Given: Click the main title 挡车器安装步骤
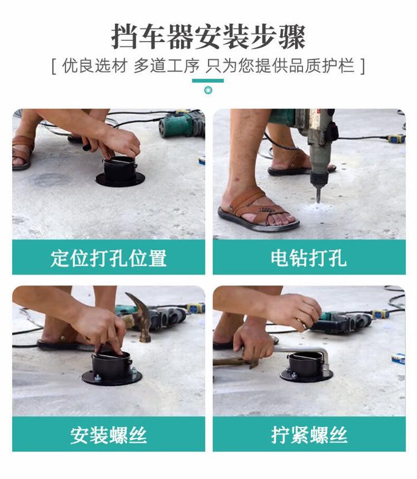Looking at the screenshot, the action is click(x=209, y=37).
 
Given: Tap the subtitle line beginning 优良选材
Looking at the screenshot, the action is click(x=209, y=65).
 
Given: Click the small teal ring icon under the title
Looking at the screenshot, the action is click(x=209, y=90).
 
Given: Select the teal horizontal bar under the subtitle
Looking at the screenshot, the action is click(x=208, y=80).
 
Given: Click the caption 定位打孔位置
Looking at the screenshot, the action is click(x=108, y=258).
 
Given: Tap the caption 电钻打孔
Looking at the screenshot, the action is click(x=309, y=258).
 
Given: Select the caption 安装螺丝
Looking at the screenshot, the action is click(x=108, y=435).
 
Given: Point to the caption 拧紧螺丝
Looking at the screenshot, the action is click(x=309, y=435).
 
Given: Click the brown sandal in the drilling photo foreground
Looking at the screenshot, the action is click(x=258, y=211).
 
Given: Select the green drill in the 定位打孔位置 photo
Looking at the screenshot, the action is click(x=182, y=125).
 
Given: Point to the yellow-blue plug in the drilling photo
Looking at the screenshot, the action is click(x=396, y=139).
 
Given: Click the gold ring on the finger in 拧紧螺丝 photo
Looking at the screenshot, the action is click(x=299, y=321).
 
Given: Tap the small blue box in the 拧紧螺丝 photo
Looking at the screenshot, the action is click(x=398, y=359).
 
